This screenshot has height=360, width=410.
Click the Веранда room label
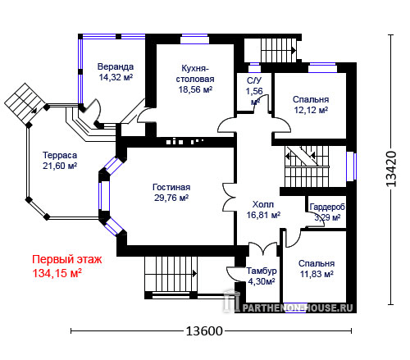click(116, 72)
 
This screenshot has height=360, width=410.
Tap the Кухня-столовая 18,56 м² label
click(195, 79)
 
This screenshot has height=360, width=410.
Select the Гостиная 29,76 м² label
click(171, 193)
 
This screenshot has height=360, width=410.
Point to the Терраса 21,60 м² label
click(60, 161)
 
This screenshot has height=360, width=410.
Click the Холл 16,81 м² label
click(263, 210)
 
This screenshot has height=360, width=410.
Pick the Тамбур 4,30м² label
click(262, 276)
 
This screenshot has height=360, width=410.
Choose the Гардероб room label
click(327, 207)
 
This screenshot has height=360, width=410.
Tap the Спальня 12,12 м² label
click(311, 104)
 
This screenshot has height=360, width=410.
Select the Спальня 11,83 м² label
click(317, 268)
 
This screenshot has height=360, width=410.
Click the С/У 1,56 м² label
click(254, 91)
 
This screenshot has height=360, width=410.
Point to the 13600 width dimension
click(204, 331)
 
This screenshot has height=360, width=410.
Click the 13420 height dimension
click(391, 169)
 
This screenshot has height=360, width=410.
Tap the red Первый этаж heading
click(67, 259)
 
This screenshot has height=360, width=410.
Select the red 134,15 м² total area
click(57, 273)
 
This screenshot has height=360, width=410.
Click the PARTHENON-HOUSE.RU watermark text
click(298, 308)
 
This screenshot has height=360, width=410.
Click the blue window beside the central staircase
click(351, 166)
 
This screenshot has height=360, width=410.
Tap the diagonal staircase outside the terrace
click(25, 103)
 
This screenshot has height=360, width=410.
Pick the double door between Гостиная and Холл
click(229, 197)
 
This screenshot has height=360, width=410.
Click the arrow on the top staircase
click(294, 51)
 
